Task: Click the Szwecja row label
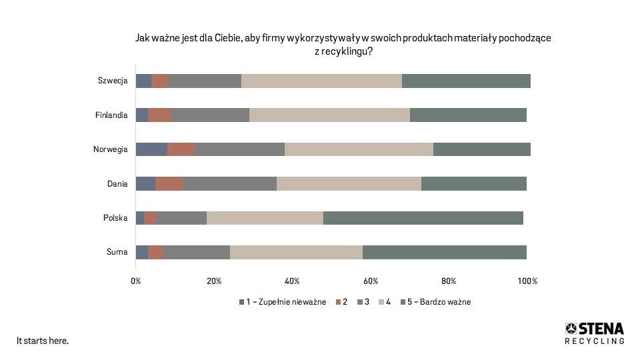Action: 112,81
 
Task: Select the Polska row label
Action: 115,218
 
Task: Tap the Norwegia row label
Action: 110,149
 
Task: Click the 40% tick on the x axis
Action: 292,281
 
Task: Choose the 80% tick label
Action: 449,281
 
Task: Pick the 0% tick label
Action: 135,281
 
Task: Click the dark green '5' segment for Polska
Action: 423,218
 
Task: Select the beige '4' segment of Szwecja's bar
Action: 321,81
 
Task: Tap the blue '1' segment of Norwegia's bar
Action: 151,149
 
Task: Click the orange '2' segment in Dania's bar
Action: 169,184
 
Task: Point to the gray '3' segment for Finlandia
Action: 211,115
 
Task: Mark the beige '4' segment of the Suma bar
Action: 296,252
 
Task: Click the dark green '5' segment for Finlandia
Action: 468,115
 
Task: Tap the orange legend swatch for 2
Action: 337,302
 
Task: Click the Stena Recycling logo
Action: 595,333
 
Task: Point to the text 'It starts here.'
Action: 43,341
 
